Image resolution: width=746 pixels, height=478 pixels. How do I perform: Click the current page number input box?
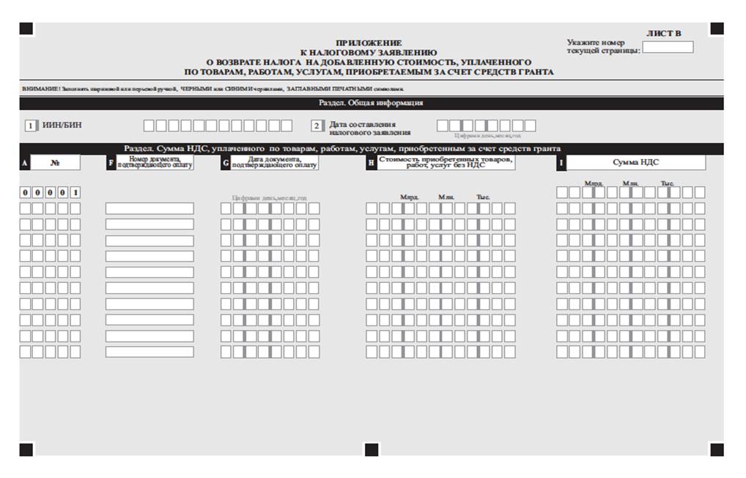[668, 48]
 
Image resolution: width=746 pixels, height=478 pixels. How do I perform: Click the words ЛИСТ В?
[663, 33]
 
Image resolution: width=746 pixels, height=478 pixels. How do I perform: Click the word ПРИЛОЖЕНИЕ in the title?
[369, 43]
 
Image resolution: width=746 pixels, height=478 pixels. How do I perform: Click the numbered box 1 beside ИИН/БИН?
[31, 125]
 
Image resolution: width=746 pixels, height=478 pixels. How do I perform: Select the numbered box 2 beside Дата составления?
[316, 125]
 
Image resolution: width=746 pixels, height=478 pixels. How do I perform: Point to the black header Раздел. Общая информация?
[371, 103]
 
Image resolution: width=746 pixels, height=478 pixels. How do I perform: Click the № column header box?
[56, 163]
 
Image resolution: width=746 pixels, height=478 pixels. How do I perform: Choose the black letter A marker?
[24, 163]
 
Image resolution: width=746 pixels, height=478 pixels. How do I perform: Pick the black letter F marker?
[111, 163]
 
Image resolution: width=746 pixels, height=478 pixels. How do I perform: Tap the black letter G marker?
[226, 163]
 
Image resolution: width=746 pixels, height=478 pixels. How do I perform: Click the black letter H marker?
[372, 163]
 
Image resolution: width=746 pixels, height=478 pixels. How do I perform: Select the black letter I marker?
[561, 163]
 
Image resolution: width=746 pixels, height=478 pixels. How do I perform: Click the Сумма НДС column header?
[635, 163]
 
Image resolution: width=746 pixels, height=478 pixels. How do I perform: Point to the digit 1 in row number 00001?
[75, 193]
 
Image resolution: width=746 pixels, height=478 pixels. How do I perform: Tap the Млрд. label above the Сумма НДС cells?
[594, 183]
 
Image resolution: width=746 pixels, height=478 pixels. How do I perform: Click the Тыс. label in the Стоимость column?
[483, 197]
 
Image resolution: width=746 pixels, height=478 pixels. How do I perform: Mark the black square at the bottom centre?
[372, 449]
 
